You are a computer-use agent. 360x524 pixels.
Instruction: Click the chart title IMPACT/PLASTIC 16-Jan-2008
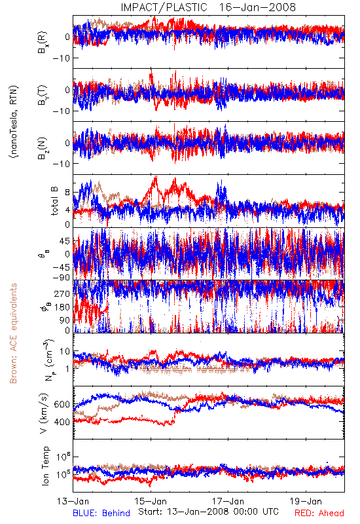click(x=208, y=7)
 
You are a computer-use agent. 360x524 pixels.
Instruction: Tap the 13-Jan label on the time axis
click(x=73, y=501)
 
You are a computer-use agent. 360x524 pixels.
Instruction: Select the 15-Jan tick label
click(x=151, y=501)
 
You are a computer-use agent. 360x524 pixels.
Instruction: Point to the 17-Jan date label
click(x=228, y=501)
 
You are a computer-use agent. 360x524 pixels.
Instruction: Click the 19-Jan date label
click(x=306, y=501)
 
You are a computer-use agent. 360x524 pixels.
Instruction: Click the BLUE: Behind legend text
click(x=101, y=513)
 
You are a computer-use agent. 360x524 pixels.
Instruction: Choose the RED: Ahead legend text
click(x=319, y=513)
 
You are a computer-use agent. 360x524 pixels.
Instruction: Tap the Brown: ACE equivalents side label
click(x=13, y=333)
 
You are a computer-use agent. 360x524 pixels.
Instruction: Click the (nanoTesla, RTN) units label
click(x=14, y=122)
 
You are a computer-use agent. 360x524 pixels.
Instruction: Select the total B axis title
click(x=54, y=201)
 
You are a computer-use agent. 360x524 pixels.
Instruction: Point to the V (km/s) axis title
click(x=44, y=414)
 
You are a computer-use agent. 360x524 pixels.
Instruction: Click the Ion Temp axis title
click(x=45, y=466)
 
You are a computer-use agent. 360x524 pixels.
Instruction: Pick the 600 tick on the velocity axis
click(x=62, y=404)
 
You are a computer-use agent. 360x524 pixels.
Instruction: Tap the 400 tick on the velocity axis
click(x=62, y=422)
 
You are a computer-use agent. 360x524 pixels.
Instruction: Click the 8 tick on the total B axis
click(x=67, y=193)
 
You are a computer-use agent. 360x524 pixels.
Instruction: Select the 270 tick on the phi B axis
click(x=62, y=294)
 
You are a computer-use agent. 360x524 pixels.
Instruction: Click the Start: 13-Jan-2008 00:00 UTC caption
click(x=208, y=512)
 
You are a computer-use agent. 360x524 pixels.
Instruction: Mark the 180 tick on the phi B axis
click(x=62, y=307)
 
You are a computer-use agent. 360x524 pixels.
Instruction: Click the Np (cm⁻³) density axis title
click(x=48, y=360)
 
